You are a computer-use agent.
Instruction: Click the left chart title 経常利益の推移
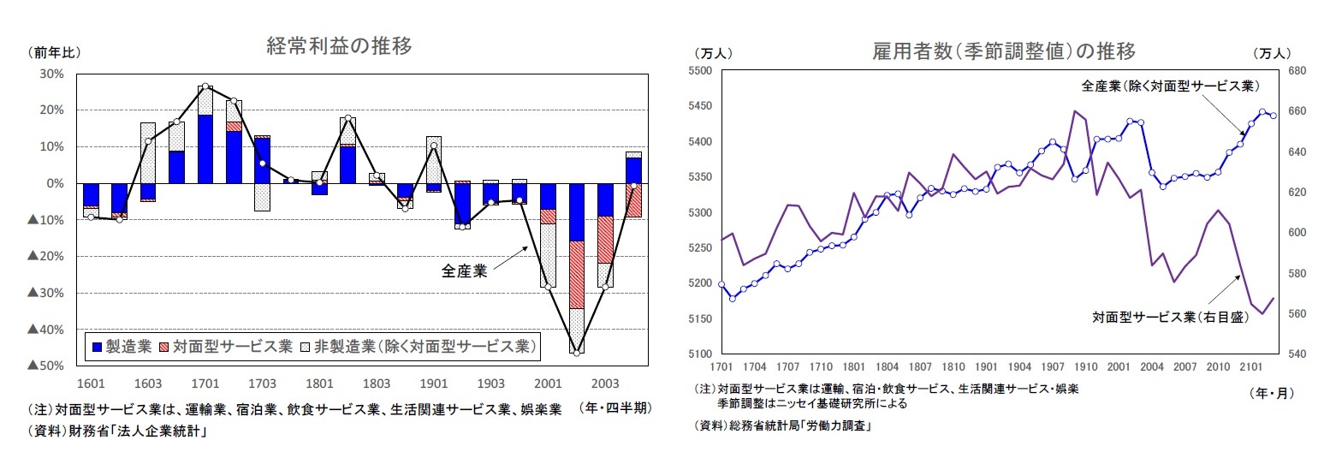(x=339, y=47)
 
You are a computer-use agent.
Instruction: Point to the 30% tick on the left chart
(x=52, y=74)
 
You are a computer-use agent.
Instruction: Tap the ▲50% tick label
(x=45, y=366)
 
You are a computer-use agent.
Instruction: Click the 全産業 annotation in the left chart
(x=464, y=271)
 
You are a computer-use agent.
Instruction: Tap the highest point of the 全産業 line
(x=205, y=86)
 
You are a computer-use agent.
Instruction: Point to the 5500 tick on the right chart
(x=701, y=71)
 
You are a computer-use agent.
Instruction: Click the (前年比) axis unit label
(x=55, y=52)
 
